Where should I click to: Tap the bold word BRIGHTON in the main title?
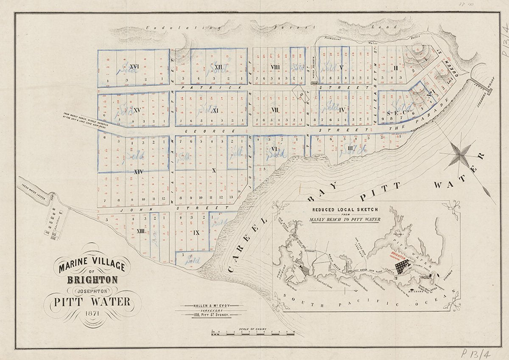[x=92, y=280]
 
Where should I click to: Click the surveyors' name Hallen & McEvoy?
[x=210, y=306]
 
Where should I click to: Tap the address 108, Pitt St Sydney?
[x=210, y=315]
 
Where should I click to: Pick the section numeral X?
[x=213, y=170]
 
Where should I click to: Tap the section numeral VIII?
[x=274, y=67]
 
